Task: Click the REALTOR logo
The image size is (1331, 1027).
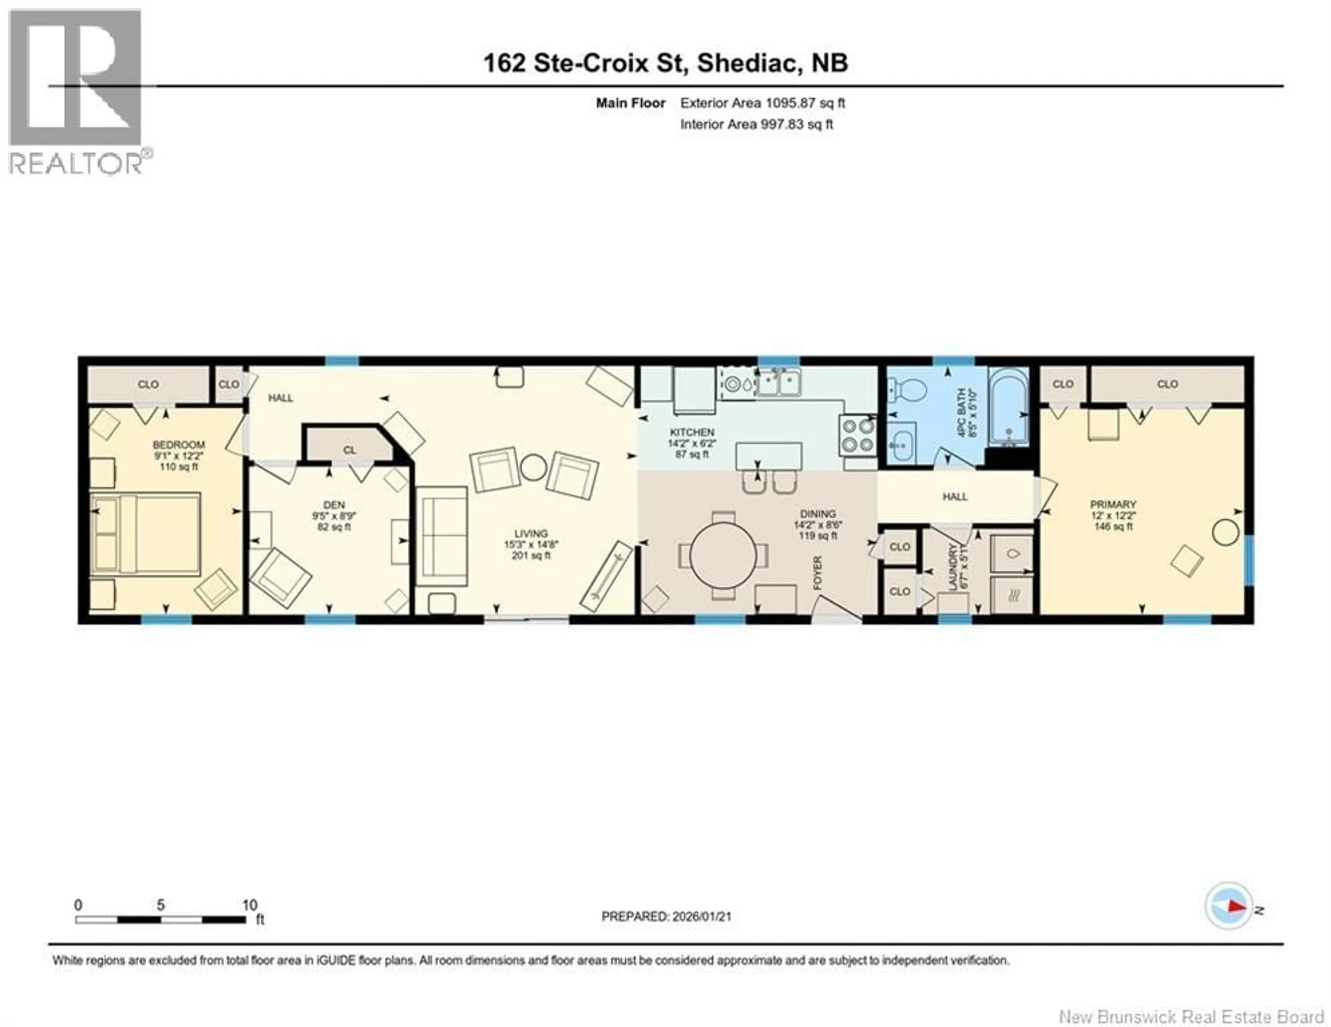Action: point(76,91)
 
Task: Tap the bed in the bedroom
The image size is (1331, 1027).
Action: point(146,534)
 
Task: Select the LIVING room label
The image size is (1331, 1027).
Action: point(530,534)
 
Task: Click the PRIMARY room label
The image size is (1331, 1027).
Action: point(1113,504)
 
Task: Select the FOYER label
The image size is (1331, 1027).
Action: point(818,573)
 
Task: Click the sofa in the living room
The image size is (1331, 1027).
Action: point(442,536)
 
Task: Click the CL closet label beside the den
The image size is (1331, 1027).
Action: point(349,450)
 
